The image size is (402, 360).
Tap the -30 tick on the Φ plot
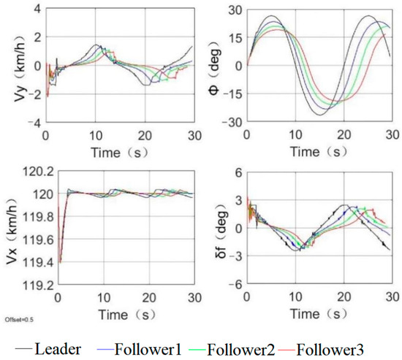[x=232, y=121]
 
